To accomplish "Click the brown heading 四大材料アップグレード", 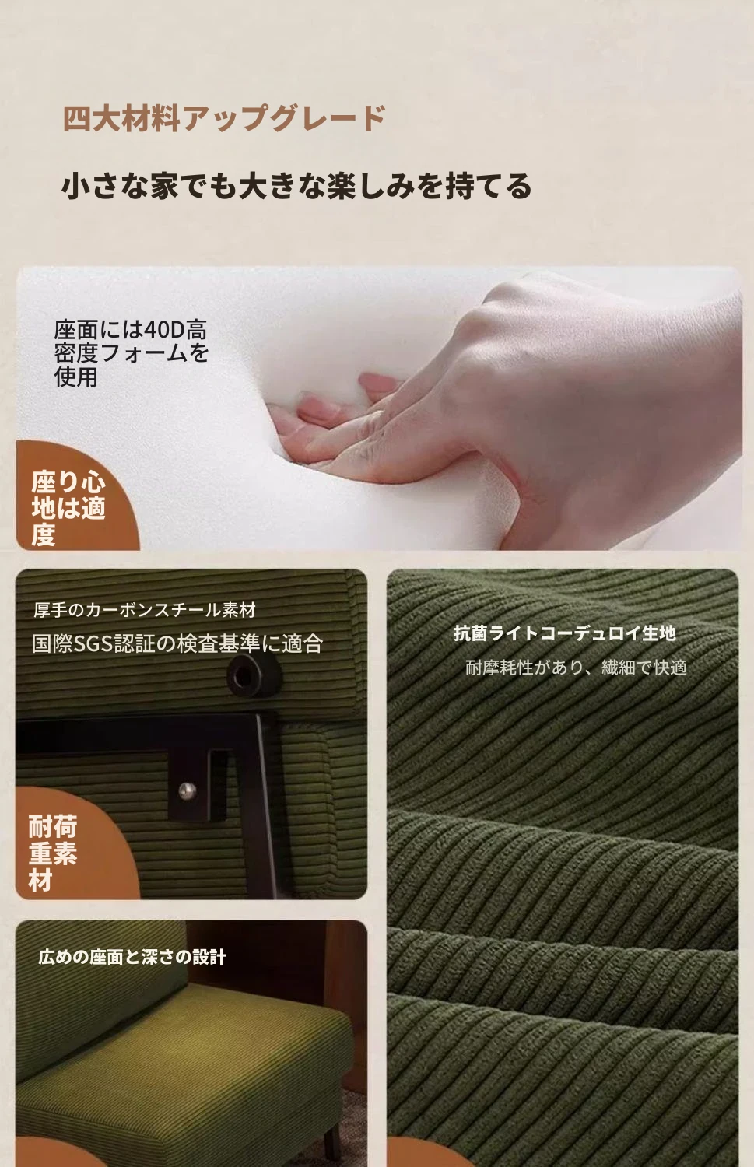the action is point(224,118).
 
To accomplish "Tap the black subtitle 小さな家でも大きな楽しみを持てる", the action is point(296,186).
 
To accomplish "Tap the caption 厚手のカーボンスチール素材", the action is point(144,609).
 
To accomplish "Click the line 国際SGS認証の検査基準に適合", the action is point(177,643).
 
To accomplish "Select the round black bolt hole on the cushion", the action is point(254,676).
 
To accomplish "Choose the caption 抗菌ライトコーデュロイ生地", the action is point(565,633).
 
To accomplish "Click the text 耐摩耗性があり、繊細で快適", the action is point(577,667).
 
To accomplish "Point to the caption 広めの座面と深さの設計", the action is point(132,956).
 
